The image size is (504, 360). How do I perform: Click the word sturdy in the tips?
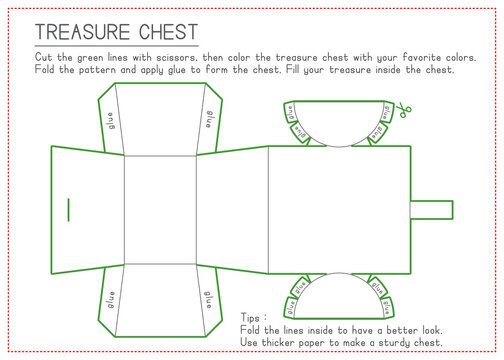[x=410, y=341]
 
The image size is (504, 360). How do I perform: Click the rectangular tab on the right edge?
[x=432, y=210]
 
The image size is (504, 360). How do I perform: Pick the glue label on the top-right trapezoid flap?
[x=209, y=118]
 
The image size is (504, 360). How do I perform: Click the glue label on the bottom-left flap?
[x=111, y=299]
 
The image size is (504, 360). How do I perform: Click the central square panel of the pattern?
[x=160, y=209]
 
